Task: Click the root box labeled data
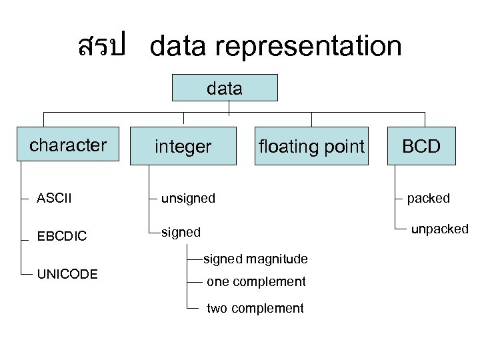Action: tap(225, 87)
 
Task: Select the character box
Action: tap(68, 145)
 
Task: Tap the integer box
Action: tap(183, 147)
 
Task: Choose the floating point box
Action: tap(311, 147)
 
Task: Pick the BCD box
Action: tap(422, 147)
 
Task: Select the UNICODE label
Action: tap(67, 274)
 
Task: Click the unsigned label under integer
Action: tap(187, 198)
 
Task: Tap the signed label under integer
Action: tap(180, 232)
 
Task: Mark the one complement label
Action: tap(256, 282)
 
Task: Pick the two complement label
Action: tap(255, 308)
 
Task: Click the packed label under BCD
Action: tap(429, 198)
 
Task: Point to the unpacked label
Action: tap(439, 229)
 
